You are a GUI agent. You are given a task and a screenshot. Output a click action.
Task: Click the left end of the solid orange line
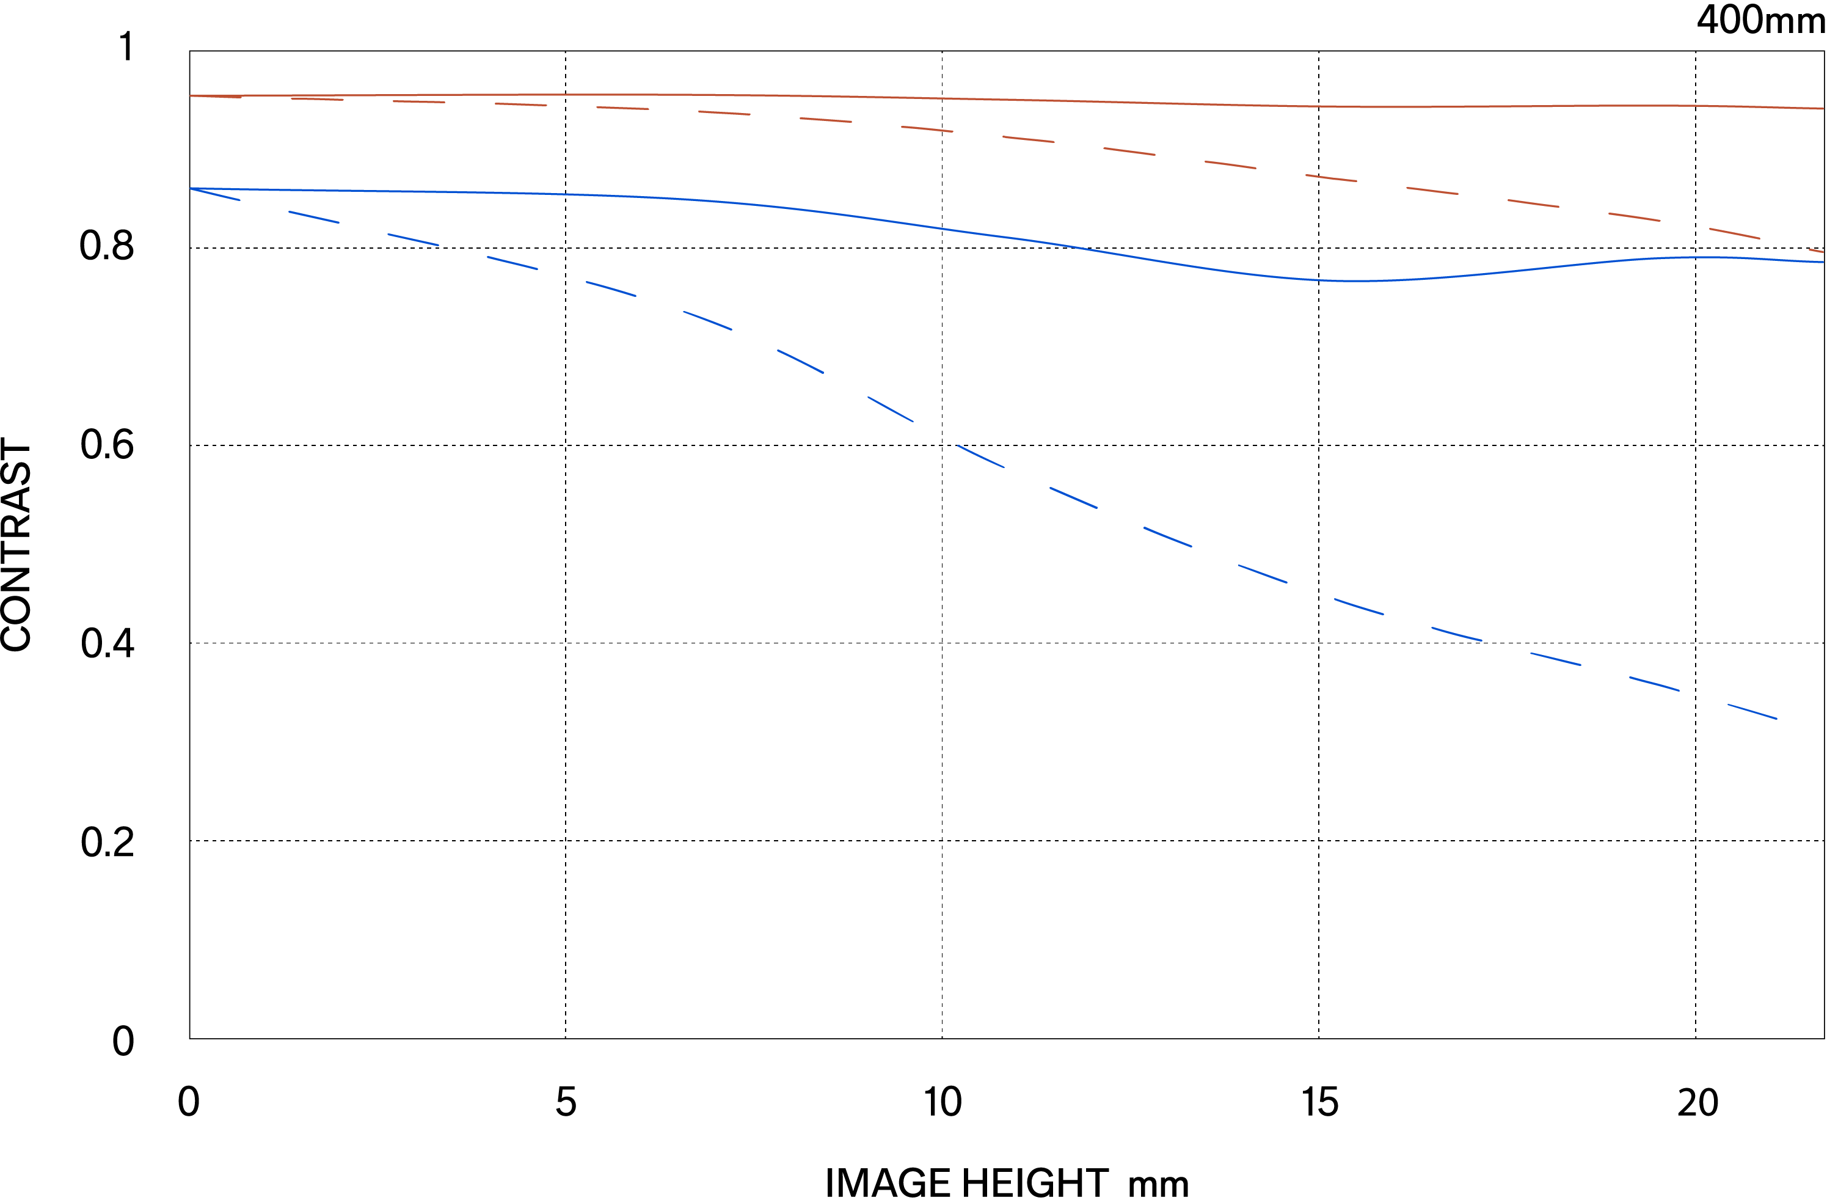tap(191, 96)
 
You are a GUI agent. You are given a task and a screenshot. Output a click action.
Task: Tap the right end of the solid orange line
tap(1822, 108)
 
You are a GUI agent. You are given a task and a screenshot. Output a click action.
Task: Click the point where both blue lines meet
tap(191, 188)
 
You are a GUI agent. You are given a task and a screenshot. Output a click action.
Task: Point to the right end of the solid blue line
tap(1822, 262)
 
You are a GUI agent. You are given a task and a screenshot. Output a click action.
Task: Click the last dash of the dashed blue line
tap(1752, 711)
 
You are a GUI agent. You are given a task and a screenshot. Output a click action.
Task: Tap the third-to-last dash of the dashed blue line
tap(1555, 659)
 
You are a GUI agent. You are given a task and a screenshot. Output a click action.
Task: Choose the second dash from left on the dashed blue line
tap(314, 218)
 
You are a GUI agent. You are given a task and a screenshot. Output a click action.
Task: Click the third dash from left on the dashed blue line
tap(413, 240)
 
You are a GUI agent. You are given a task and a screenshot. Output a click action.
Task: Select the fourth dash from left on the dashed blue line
tap(512, 263)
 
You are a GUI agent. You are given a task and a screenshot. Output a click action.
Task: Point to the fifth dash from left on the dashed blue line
tap(611, 288)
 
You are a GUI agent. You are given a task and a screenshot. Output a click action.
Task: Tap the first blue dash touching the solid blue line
tap(216, 194)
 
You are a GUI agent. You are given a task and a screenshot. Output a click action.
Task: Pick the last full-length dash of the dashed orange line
tap(1735, 233)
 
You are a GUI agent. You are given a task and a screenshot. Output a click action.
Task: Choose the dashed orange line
tap(1029, 139)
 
